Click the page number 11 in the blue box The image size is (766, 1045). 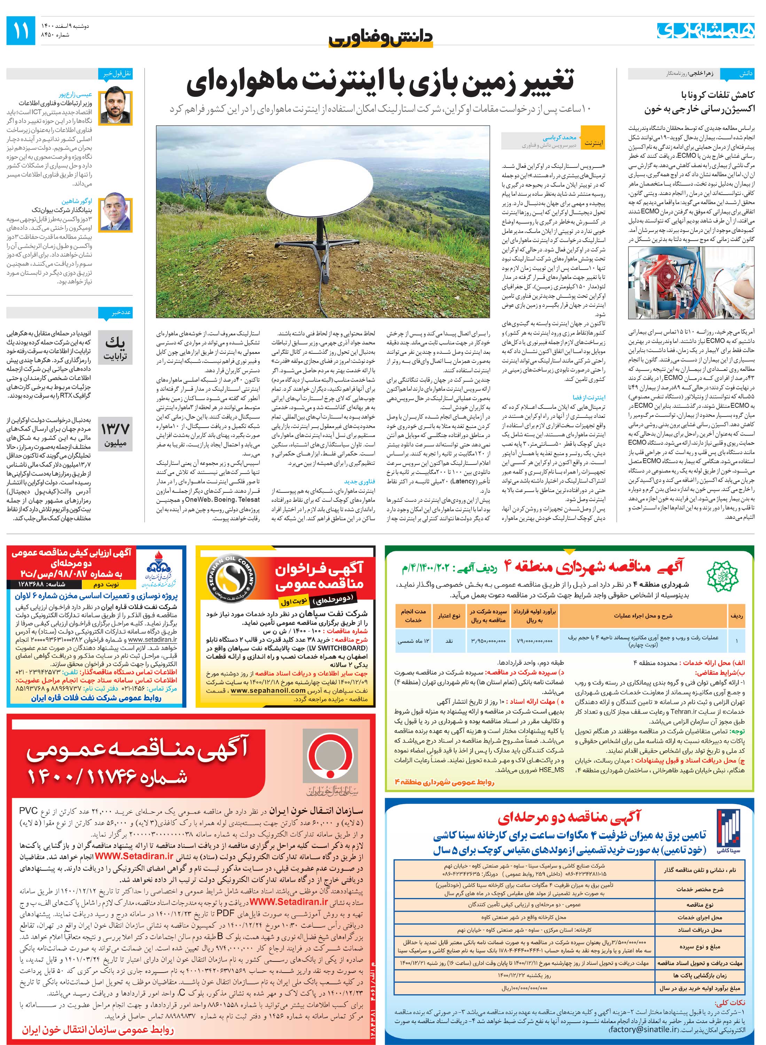click(x=21, y=31)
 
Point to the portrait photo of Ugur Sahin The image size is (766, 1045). click(x=116, y=214)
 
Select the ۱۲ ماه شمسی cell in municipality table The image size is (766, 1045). click(x=413, y=641)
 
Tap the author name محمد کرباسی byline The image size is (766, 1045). click(x=559, y=138)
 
